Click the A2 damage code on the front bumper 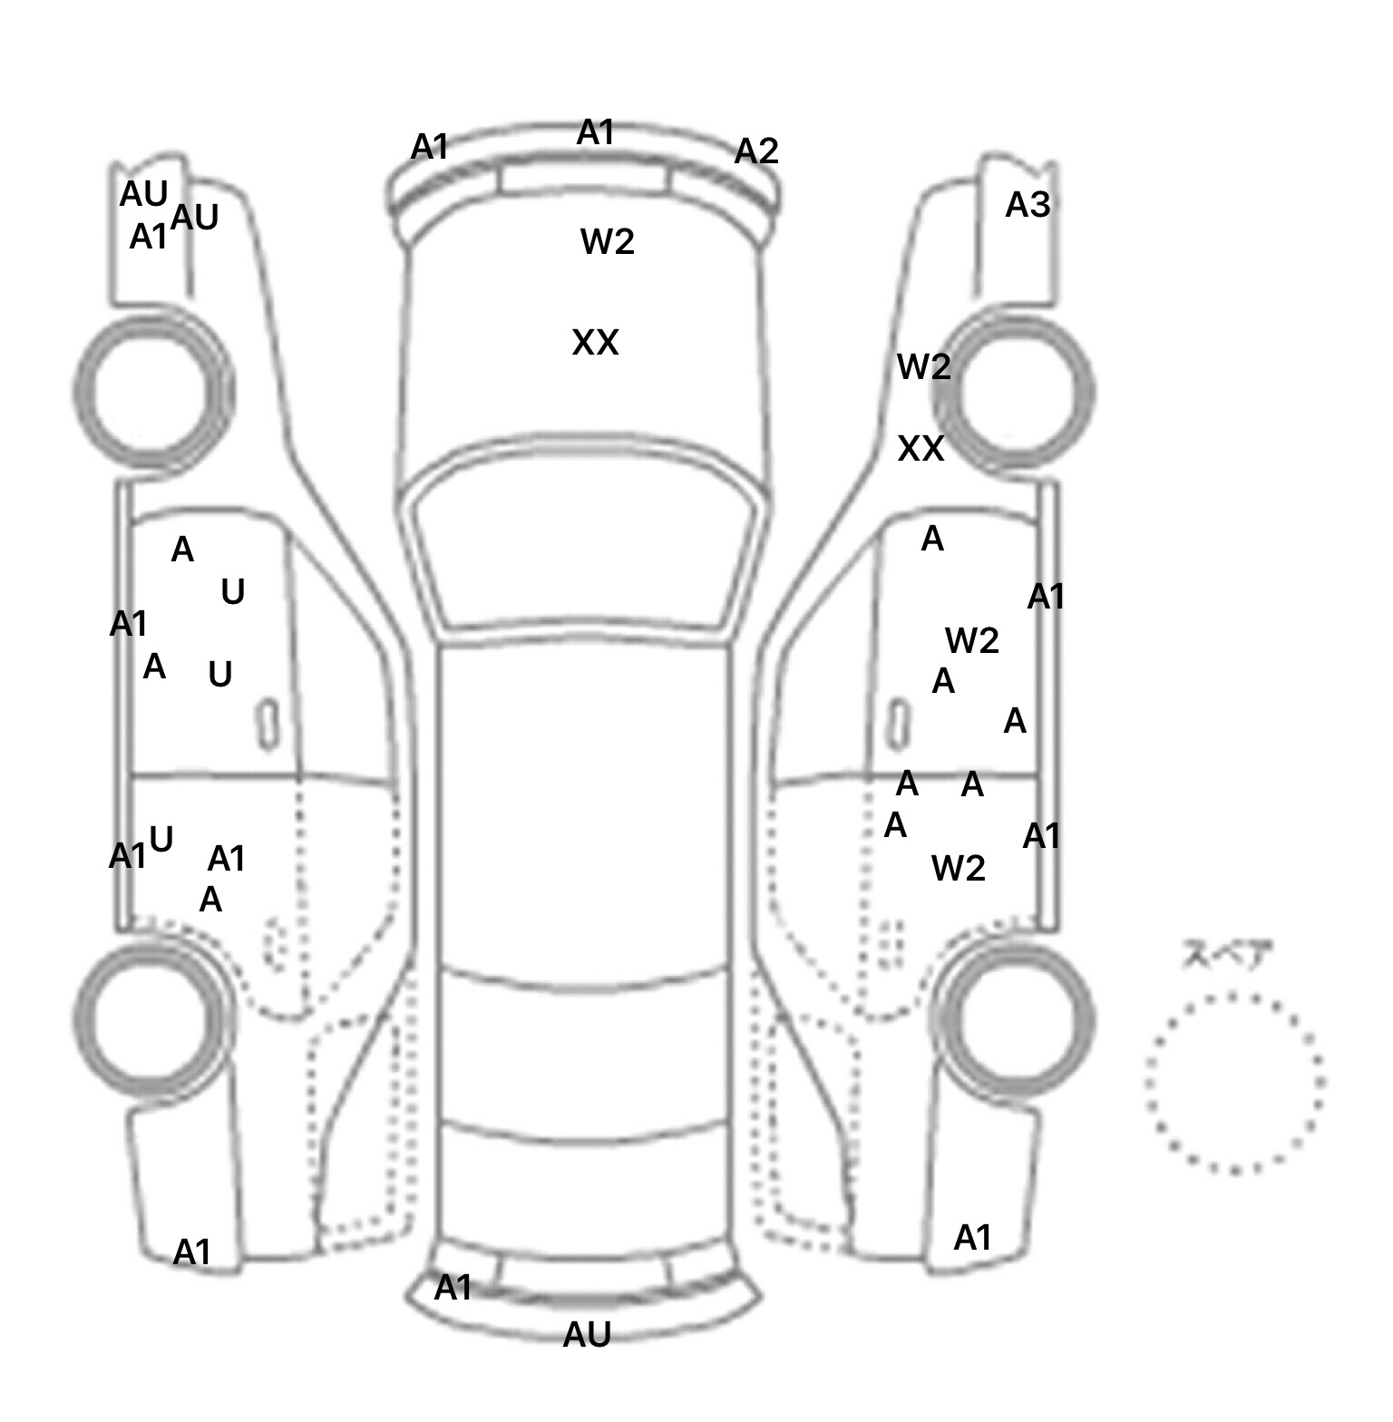pyautogui.click(x=755, y=151)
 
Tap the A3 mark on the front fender pyautogui.click(x=1028, y=205)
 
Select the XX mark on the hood pyautogui.click(x=595, y=343)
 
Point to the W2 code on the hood pyautogui.click(x=607, y=241)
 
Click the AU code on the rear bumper pyautogui.click(x=587, y=1334)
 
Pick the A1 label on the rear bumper pyautogui.click(x=453, y=1287)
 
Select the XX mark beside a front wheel pyautogui.click(x=921, y=448)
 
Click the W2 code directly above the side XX pyautogui.click(x=923, y=366)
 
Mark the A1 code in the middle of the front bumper pyautogui.click(x=596, y=132)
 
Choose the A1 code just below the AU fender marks pyautogui.click(x=149, y=237)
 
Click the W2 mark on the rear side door pyautogui.click(x=958, y=869)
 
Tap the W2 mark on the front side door pyautogui.click(x=971, y=641)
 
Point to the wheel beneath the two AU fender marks pyautogui.click(x=153, y=391)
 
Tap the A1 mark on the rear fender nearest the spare pyautogui.click(x=972, y=1237)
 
